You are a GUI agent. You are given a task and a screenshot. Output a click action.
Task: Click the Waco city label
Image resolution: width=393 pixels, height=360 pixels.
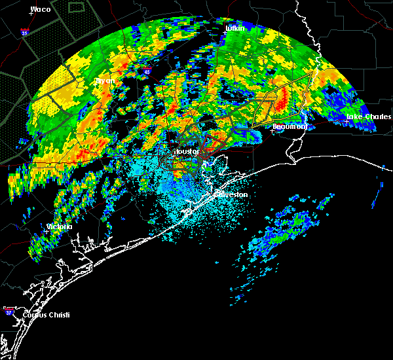(41, 9)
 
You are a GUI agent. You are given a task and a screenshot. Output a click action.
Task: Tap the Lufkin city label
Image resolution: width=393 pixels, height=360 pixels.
(234, 28)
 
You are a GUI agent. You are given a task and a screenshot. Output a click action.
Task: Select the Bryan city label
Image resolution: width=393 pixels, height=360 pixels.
(105, 81)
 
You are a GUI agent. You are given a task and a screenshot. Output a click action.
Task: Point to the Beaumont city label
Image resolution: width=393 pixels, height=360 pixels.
(290, 126)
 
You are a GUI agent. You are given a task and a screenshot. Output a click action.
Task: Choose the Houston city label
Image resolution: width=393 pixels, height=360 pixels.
(187, 151)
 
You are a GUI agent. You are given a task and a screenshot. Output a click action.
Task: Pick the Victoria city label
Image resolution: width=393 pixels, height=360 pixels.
(58, 226)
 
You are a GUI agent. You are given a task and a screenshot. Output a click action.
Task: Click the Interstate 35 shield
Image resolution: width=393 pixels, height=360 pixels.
(26, 31)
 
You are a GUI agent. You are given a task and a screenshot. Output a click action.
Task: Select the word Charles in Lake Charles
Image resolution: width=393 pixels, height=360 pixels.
(376, 117)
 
